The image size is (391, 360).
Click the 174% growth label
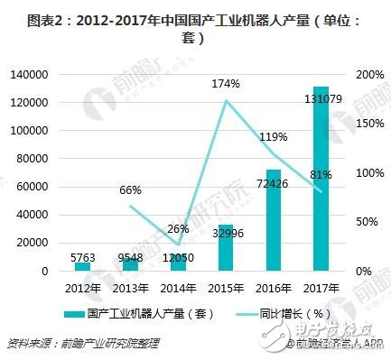tap(225, 84)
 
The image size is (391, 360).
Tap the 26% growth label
tap(178, 229)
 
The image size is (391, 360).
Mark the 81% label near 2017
tap(317, 174)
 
